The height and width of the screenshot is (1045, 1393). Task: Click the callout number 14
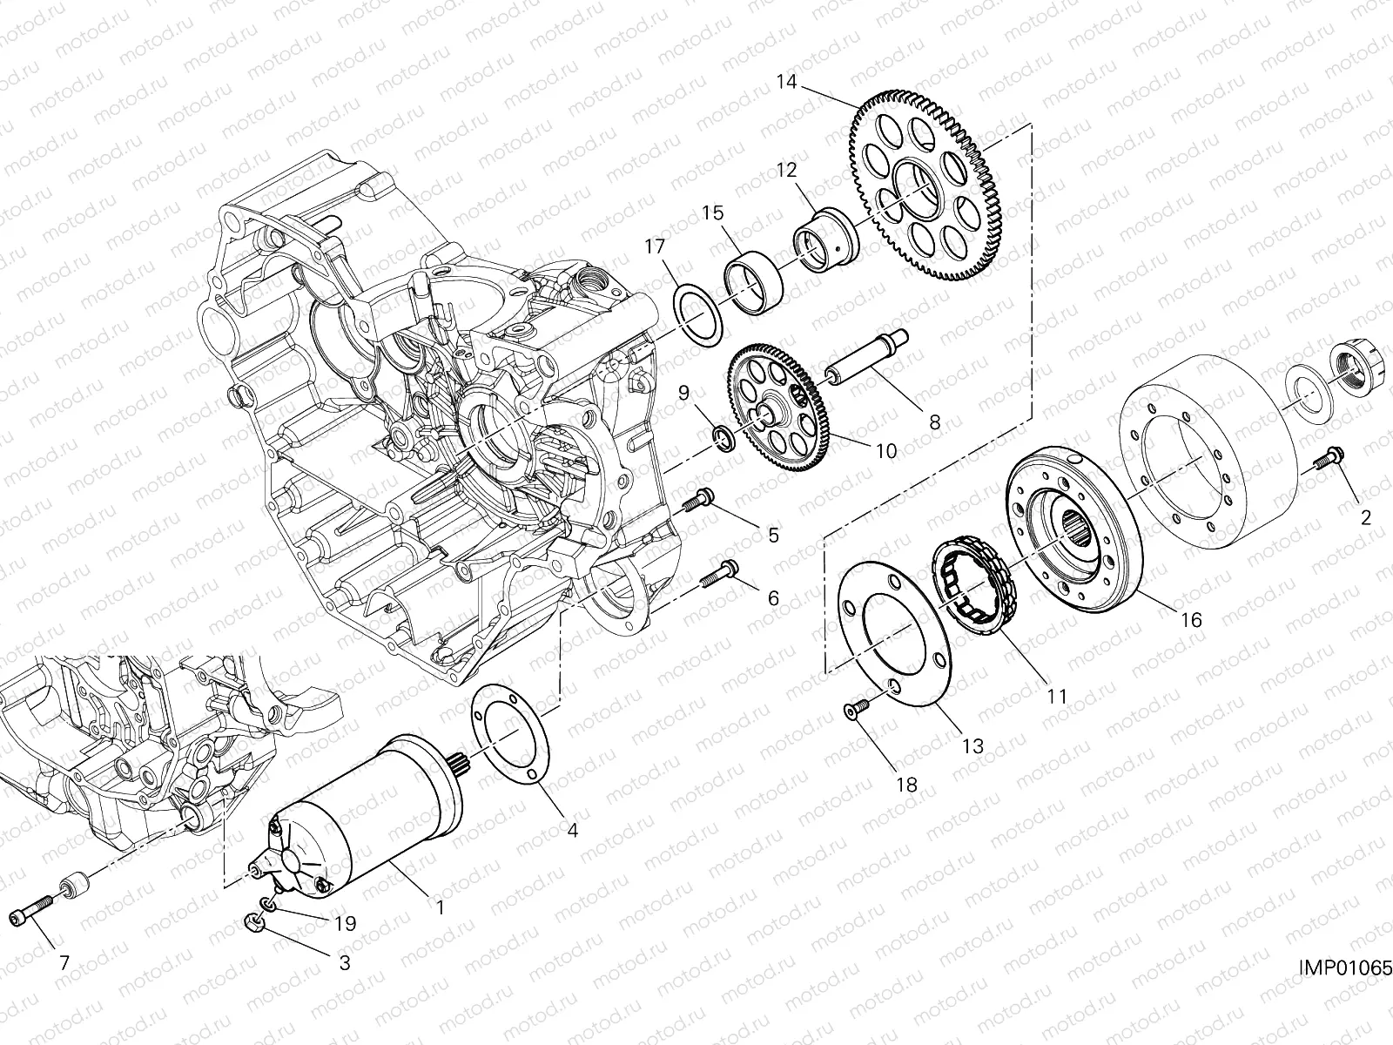click(786, 83)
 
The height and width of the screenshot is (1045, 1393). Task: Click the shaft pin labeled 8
click(871, 357)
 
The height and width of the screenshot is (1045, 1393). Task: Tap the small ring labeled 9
click(723, 437)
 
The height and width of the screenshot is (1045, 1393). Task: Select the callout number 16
click(1191, 620)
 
